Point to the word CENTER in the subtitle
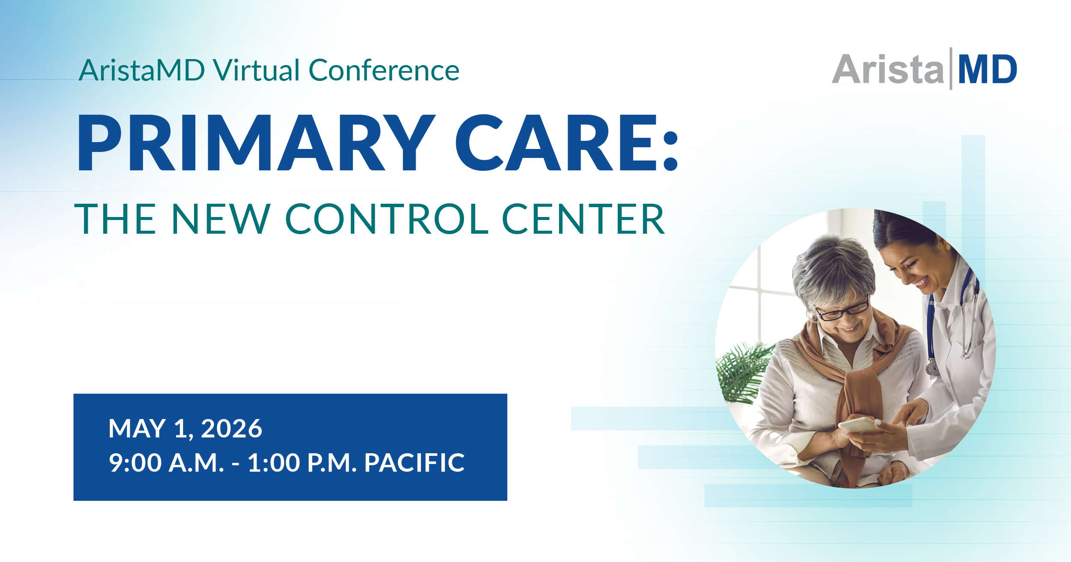point(583,219)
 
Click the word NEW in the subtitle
point(221,219)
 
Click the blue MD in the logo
point(987,69)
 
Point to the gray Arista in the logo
point(888,69)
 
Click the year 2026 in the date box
point(231,428)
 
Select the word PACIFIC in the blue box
point(414,463)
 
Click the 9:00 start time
point(135,463)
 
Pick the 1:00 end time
point(274,463)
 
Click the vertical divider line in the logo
point(951,68)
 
